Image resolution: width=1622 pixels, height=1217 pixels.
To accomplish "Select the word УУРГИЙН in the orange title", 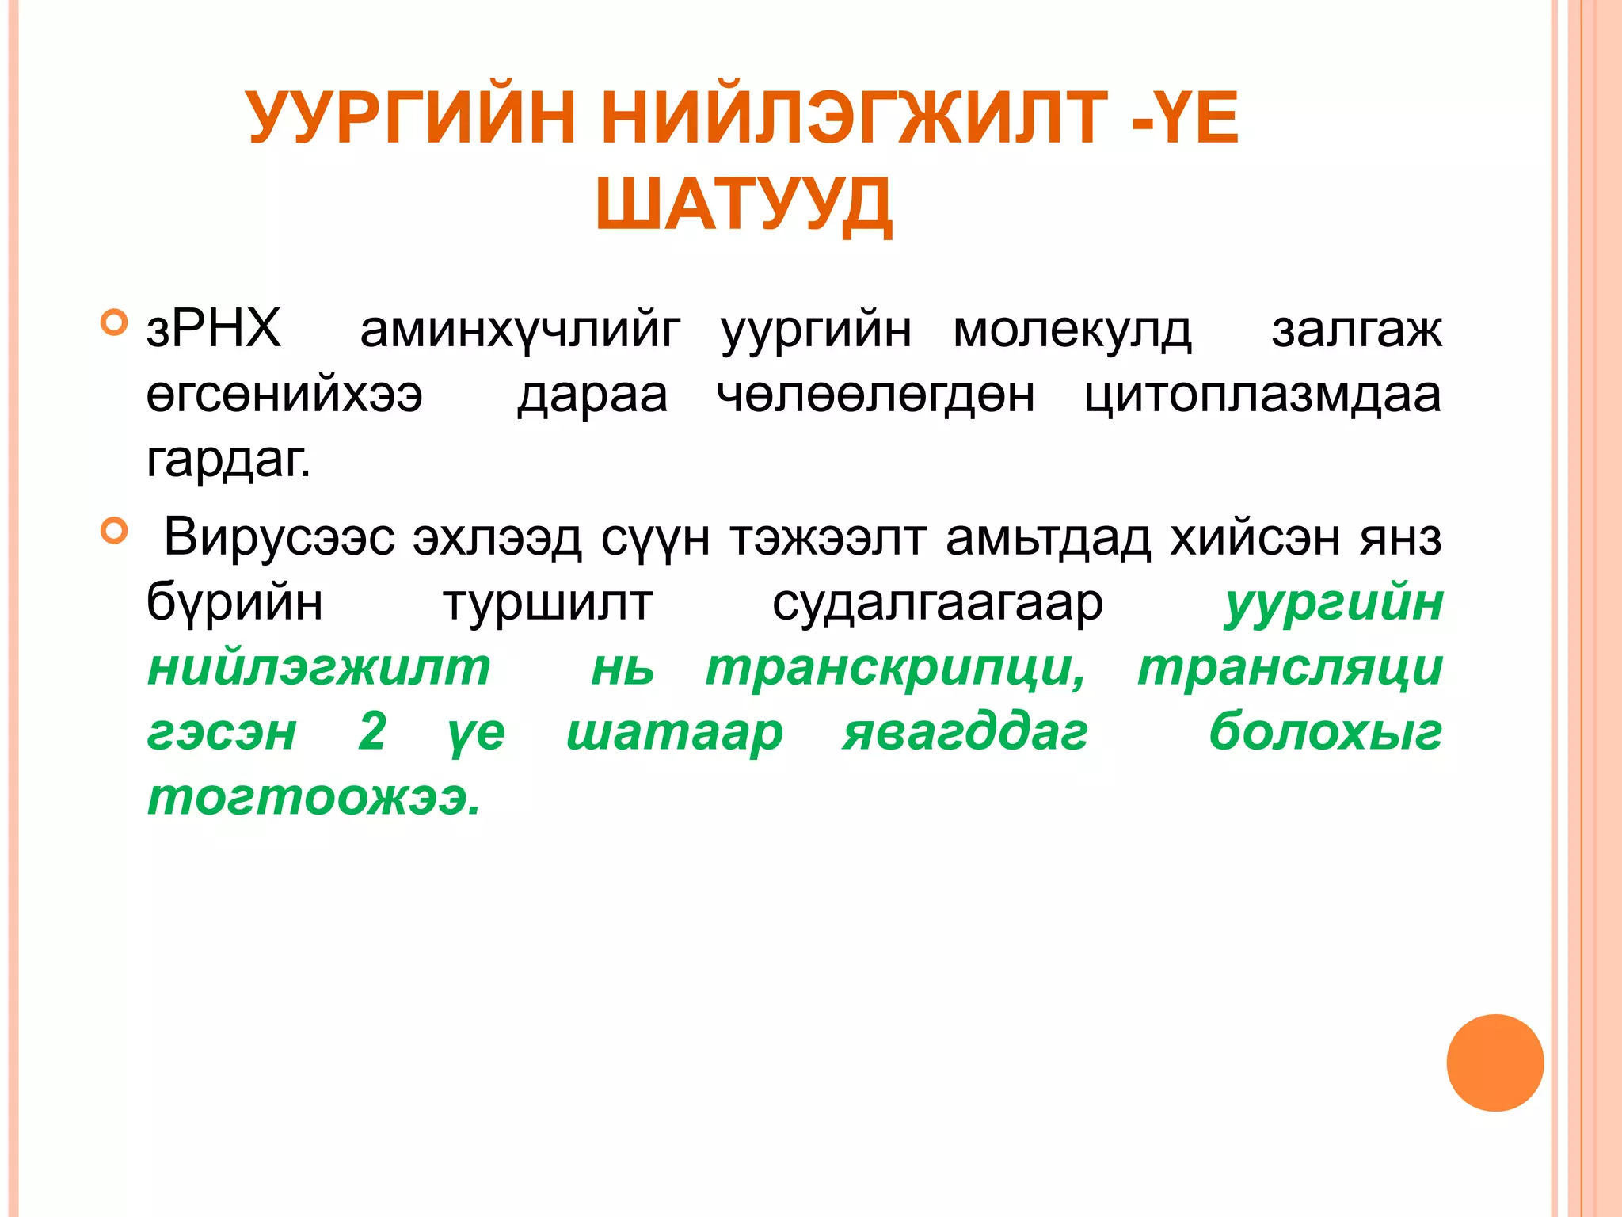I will (x=412, y=119).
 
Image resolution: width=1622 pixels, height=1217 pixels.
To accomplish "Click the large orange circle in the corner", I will (x=1494, y=1062).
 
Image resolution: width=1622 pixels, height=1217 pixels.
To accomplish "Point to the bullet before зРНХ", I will (x=115, y=322).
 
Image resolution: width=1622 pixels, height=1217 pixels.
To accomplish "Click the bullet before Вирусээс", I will (x=115, y=531).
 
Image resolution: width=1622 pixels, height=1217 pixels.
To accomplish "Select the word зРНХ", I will (x=214, y=329).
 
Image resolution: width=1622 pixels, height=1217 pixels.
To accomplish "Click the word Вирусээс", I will (x=279, y=538).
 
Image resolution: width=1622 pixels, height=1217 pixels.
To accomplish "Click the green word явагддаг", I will (x=965, y=733).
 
